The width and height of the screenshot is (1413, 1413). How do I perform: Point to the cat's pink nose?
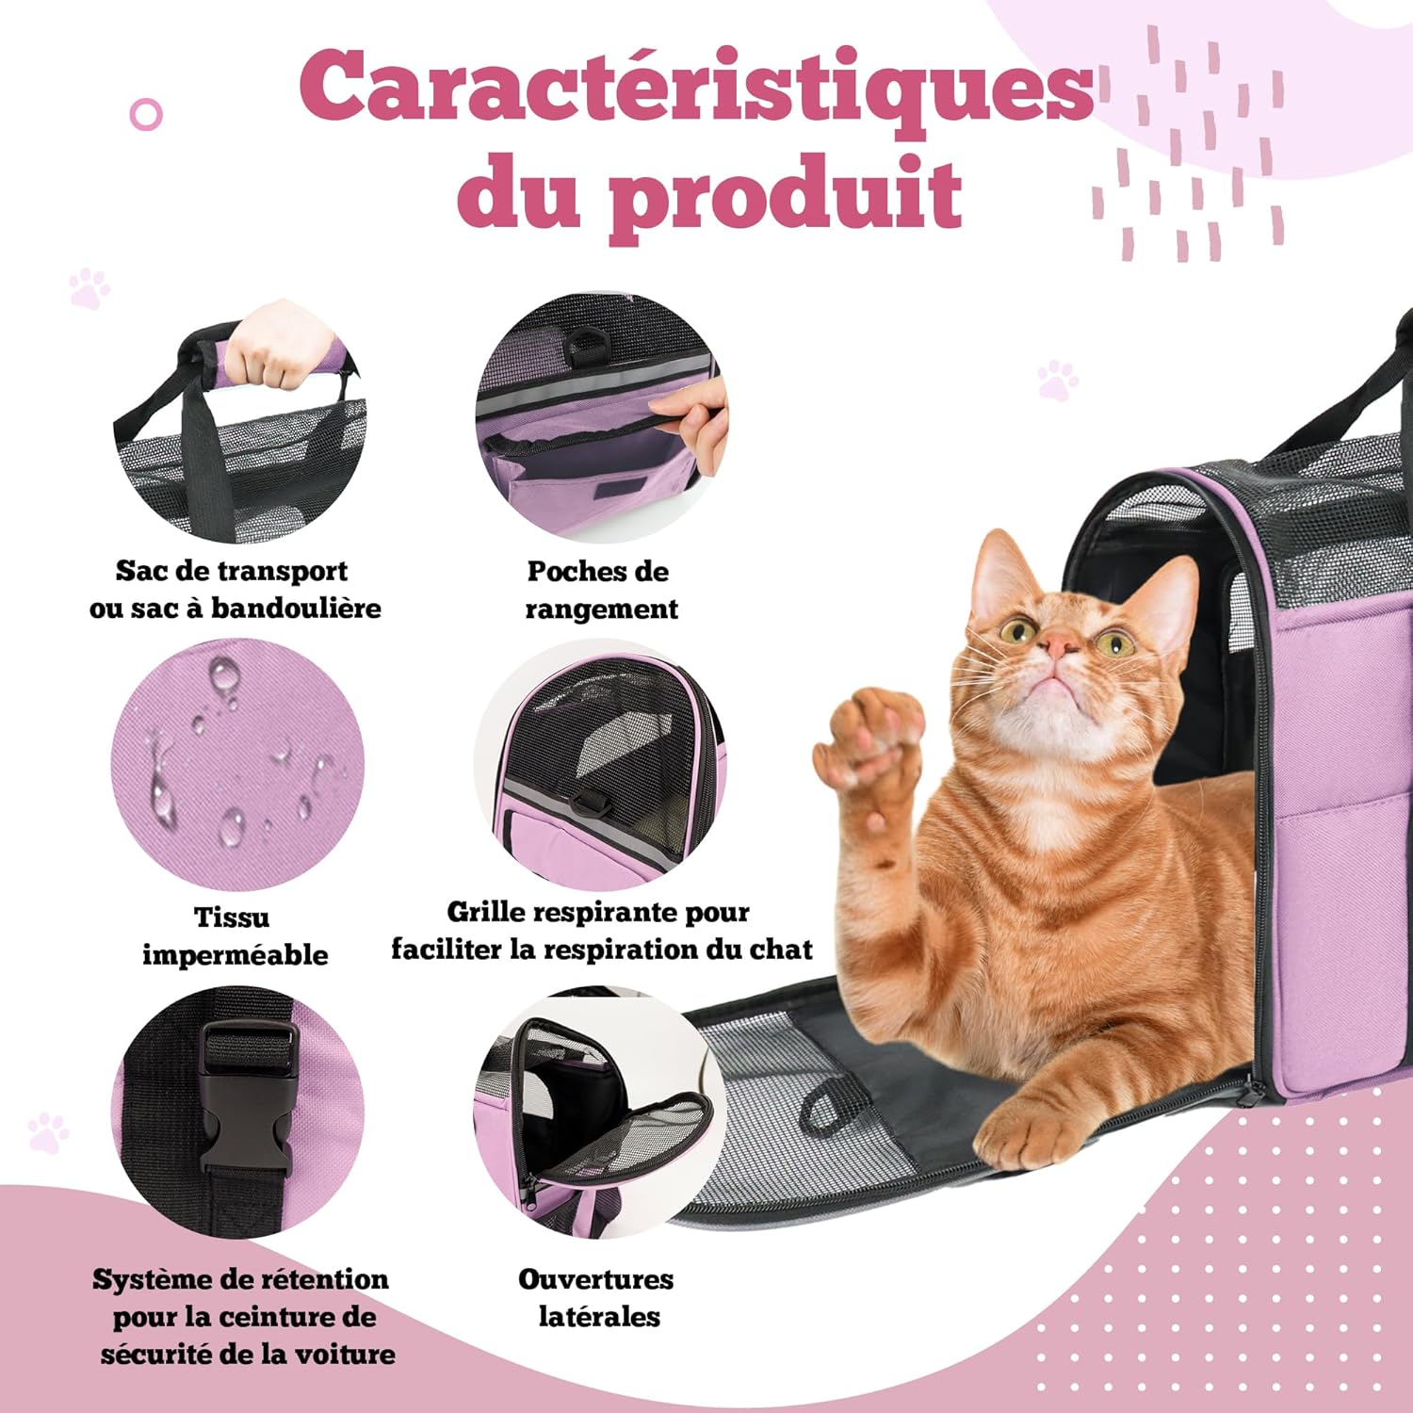(x=1063, y=645)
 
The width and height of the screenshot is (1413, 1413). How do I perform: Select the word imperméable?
(x=235, y=955)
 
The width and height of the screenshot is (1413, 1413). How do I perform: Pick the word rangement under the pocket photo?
(x=601, y=610)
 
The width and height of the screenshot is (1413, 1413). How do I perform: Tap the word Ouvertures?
(x=595, y=1279)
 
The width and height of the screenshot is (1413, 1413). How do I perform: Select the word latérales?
(x=599, y=1316)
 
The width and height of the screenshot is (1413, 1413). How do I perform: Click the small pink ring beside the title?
(x=146, y=115)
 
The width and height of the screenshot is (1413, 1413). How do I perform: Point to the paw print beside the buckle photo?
(x=47, y=1132)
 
